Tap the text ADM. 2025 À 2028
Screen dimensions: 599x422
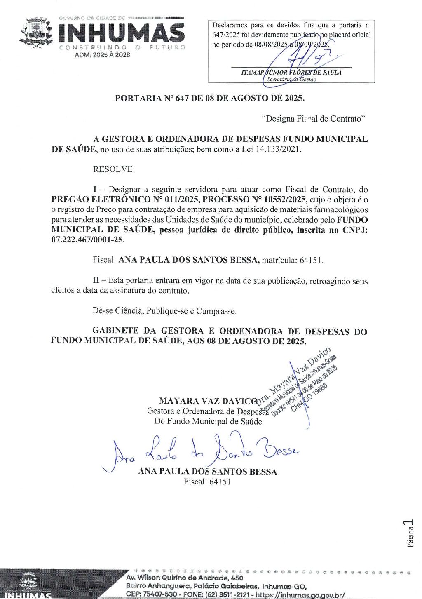(102, 54)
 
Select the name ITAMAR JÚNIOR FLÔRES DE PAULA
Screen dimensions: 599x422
(291, 72)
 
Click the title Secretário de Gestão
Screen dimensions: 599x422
(291, 79)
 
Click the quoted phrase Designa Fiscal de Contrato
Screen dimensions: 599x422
(313, 119)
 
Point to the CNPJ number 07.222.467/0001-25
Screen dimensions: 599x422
(88, 240)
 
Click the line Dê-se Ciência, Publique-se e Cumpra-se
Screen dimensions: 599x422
(164, 311)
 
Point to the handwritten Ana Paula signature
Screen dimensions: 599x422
(202, 451)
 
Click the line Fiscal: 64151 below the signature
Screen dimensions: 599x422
(207, 482)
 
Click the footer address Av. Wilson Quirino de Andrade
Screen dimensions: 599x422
(185, 578)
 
